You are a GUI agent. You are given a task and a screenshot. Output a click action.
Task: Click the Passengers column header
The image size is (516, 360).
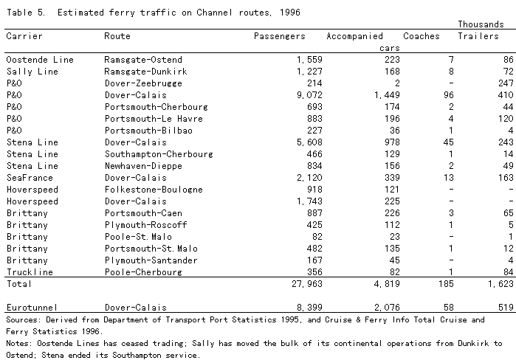tap(279, 36)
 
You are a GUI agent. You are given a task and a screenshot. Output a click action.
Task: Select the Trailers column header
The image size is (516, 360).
tap(478, 36)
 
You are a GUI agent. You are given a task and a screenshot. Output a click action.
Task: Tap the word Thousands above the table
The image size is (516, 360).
tap(483, 24)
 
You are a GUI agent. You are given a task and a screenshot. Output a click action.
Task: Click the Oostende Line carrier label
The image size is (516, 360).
tap(35, 60)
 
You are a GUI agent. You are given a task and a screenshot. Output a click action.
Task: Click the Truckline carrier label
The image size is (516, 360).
tap(30, 272)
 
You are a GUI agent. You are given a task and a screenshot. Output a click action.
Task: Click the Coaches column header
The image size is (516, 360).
tap(421, 36)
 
